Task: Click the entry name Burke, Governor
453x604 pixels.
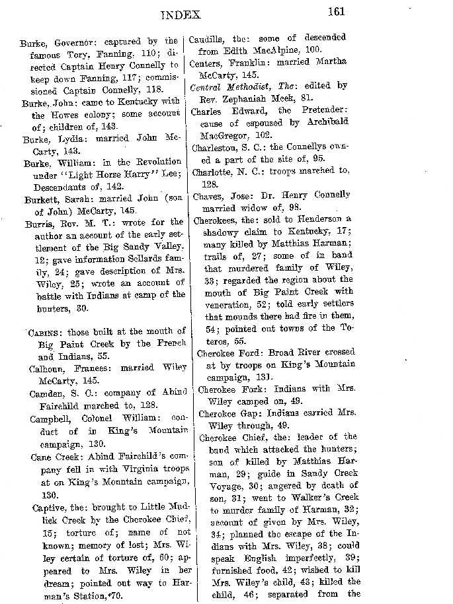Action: pyautogui.click(x=50, y=42)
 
